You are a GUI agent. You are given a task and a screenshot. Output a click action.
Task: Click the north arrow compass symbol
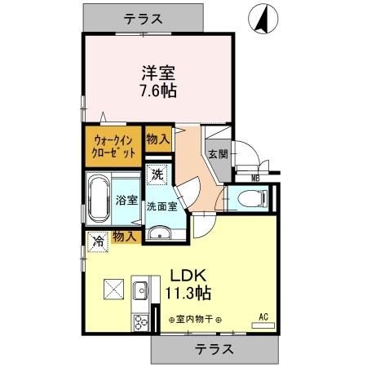pos(263,20)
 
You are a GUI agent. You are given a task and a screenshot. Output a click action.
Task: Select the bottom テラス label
pos(214,349)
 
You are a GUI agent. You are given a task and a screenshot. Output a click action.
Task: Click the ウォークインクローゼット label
pos(112,145)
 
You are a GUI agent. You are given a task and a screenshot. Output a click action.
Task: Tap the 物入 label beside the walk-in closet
pos(157,139)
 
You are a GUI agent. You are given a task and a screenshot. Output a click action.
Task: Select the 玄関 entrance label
pos(217,154)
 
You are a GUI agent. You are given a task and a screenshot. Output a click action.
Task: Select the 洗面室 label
pos(162,206)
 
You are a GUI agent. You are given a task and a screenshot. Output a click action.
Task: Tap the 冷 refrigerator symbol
pos(97,241)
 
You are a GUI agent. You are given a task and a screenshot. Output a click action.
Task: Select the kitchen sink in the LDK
pos(140,290)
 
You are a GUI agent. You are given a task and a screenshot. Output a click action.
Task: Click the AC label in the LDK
pos(263,316)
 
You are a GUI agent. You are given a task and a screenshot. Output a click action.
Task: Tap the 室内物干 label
pos(196,320)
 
